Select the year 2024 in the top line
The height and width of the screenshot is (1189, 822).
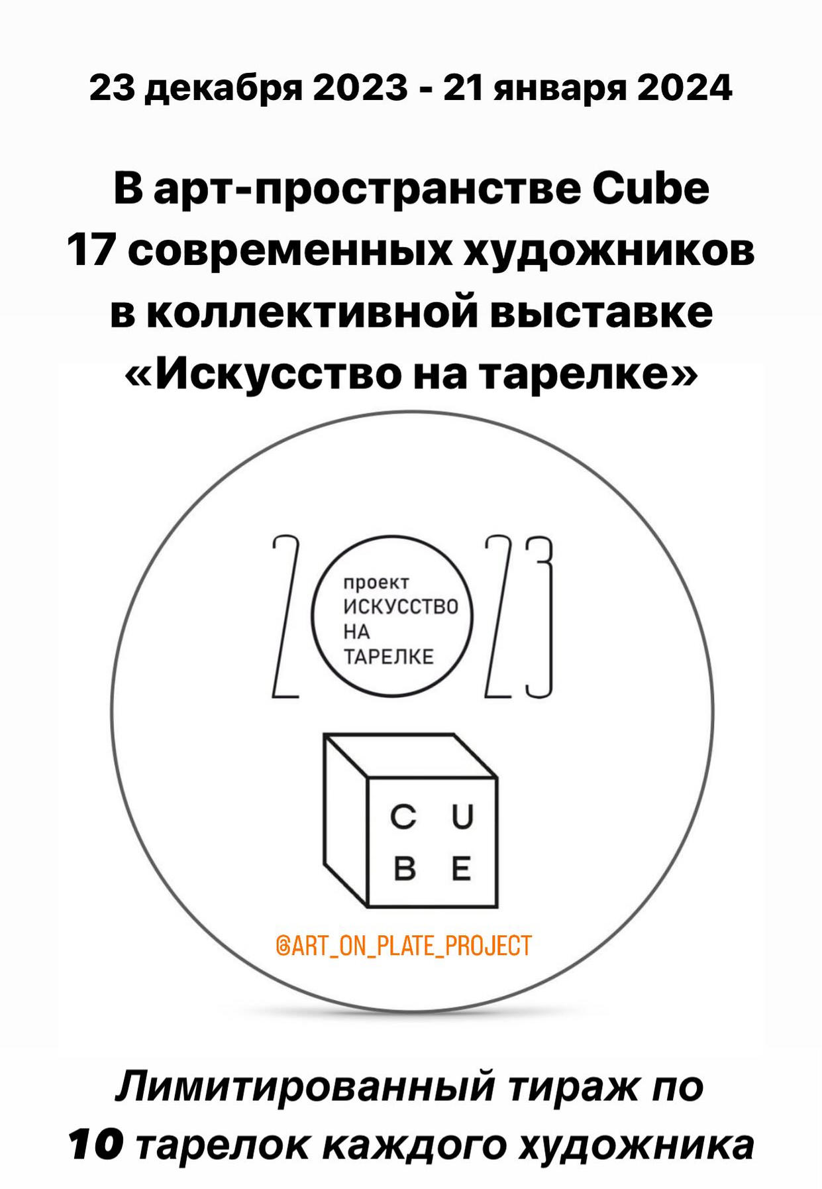[x=685, y=87]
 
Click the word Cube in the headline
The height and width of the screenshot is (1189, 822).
[x=650, y=188]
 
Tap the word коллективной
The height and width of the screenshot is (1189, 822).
[x=311, y=313]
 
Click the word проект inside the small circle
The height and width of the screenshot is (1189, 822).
[x=376, y=584]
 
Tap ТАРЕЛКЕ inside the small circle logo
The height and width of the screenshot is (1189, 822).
[x=388, y=657]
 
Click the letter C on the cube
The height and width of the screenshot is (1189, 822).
[x=403, y=817]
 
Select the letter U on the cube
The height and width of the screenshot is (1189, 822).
[x=462, y=817]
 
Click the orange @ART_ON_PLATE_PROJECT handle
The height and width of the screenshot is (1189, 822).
[x=403, y=946]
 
